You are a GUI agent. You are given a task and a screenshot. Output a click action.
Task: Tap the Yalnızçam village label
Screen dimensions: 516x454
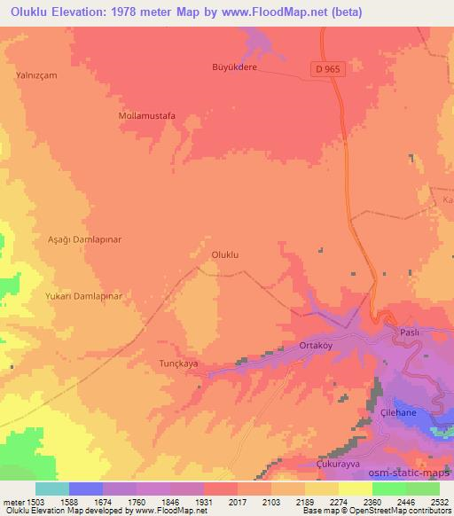(x=36, y=75)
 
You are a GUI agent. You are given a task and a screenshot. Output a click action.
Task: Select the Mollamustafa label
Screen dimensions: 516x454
(x=147, y=115)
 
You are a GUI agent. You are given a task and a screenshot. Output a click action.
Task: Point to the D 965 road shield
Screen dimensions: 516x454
(x=326, y=67)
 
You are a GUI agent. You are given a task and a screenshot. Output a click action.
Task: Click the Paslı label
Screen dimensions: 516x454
(x=409, y=332)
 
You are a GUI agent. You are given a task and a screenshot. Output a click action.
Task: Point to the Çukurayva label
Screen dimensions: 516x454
(x=341, y=464)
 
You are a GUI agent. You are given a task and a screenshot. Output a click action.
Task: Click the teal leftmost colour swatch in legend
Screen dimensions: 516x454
(x=52, y=489)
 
